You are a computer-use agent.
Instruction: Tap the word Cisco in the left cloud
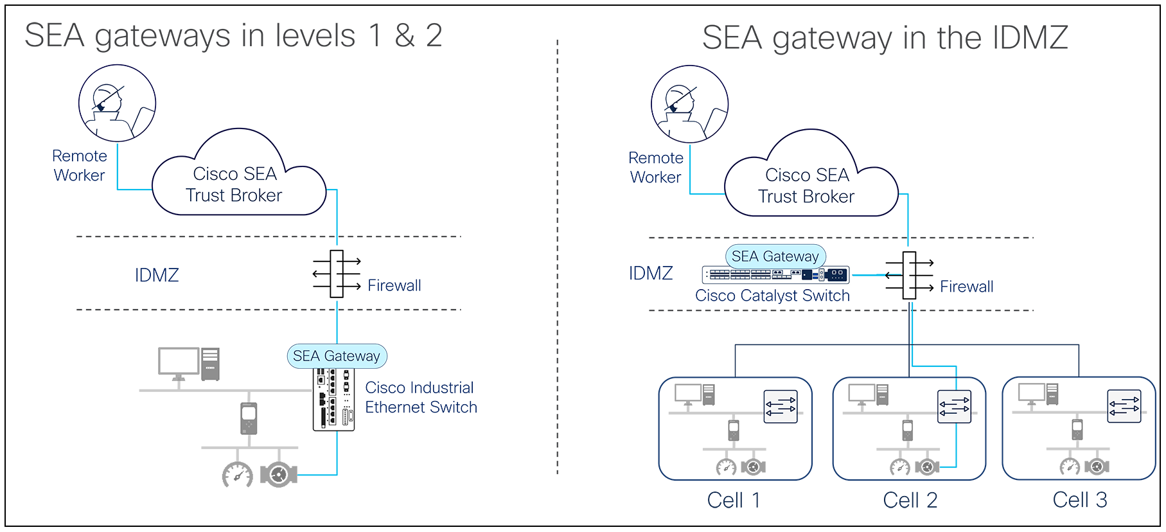tap(215, 174)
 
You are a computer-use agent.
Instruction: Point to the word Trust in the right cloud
tap(777, 197)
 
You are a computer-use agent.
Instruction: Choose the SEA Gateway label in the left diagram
tap(336, 356)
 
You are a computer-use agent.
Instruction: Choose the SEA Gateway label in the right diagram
tap(775, 256)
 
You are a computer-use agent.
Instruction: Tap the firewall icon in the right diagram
tap(909, 275)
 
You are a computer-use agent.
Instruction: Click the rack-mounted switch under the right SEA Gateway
tap(775, 275)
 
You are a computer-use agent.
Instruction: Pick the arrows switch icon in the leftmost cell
tap(780, 406)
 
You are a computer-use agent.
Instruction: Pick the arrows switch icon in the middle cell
tap(954, 406)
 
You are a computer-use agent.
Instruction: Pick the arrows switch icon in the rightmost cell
tap(1124, 406)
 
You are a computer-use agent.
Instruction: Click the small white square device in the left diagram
tap(249, 413)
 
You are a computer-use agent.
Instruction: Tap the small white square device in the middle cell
tap(907, 427)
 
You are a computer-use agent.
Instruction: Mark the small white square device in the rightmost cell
tap(1077, 427)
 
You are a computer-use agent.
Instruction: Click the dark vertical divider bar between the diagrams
tap(557, 257)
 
